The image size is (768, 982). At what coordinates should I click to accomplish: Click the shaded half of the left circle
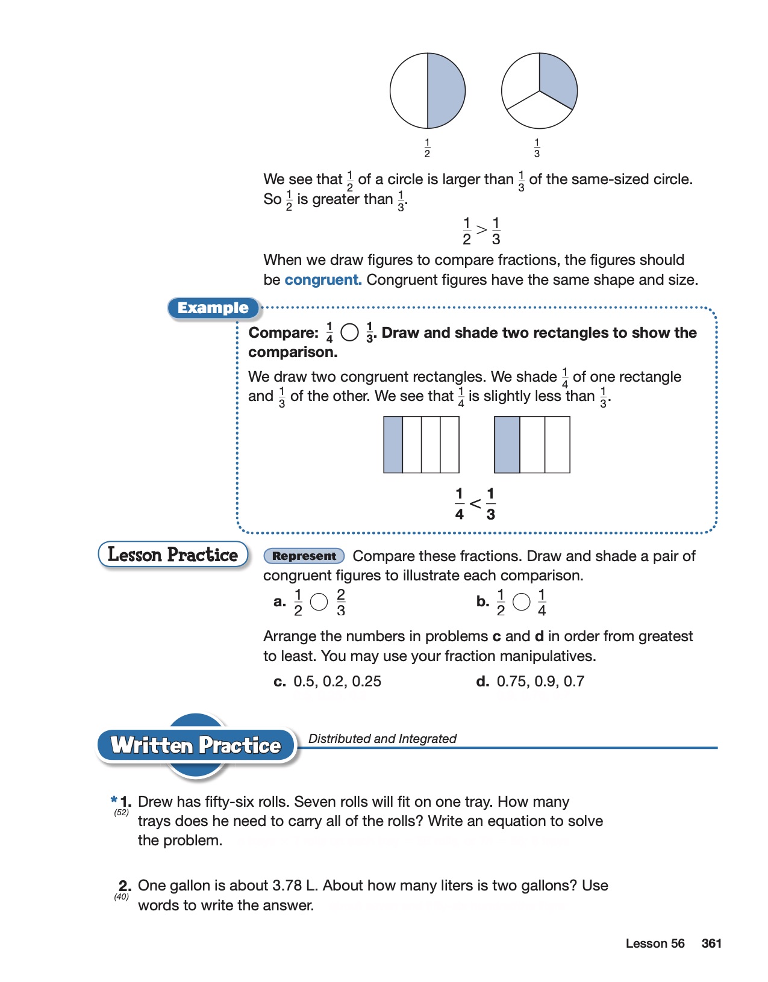click(x=446, y=91)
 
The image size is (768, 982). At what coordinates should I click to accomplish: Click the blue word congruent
click(x=323, y=280)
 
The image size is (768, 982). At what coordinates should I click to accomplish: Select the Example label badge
click(x=213, y=308)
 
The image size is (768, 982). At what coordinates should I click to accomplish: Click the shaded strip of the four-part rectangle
click(x=393, y=445)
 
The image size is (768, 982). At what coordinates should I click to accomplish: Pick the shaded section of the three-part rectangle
click(x=507, y=445)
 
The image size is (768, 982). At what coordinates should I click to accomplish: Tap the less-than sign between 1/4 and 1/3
click(x=475, y=504)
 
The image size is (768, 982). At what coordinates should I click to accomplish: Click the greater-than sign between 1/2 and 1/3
click(x=481, y=230)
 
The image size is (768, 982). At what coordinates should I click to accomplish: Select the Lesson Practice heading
click(x=173, y=555)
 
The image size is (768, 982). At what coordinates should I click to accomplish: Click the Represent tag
click(x=304, y=556)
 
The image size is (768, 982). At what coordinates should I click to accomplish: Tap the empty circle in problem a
click(x=319, y=601)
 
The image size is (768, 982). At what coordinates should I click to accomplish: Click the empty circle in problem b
click(x=521, y=601)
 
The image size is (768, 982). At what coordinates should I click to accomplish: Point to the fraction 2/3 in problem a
click(x=341, y=602)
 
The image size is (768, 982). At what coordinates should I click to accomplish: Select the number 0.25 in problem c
click(x=366, y=682)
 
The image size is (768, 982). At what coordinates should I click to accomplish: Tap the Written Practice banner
click(x=196, y=745)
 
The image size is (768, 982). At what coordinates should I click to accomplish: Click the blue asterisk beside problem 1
click(x=114, y=800)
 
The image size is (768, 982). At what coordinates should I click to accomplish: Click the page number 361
click(x=711, y=943)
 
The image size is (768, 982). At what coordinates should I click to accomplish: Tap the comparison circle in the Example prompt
click(x=349, y=332)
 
